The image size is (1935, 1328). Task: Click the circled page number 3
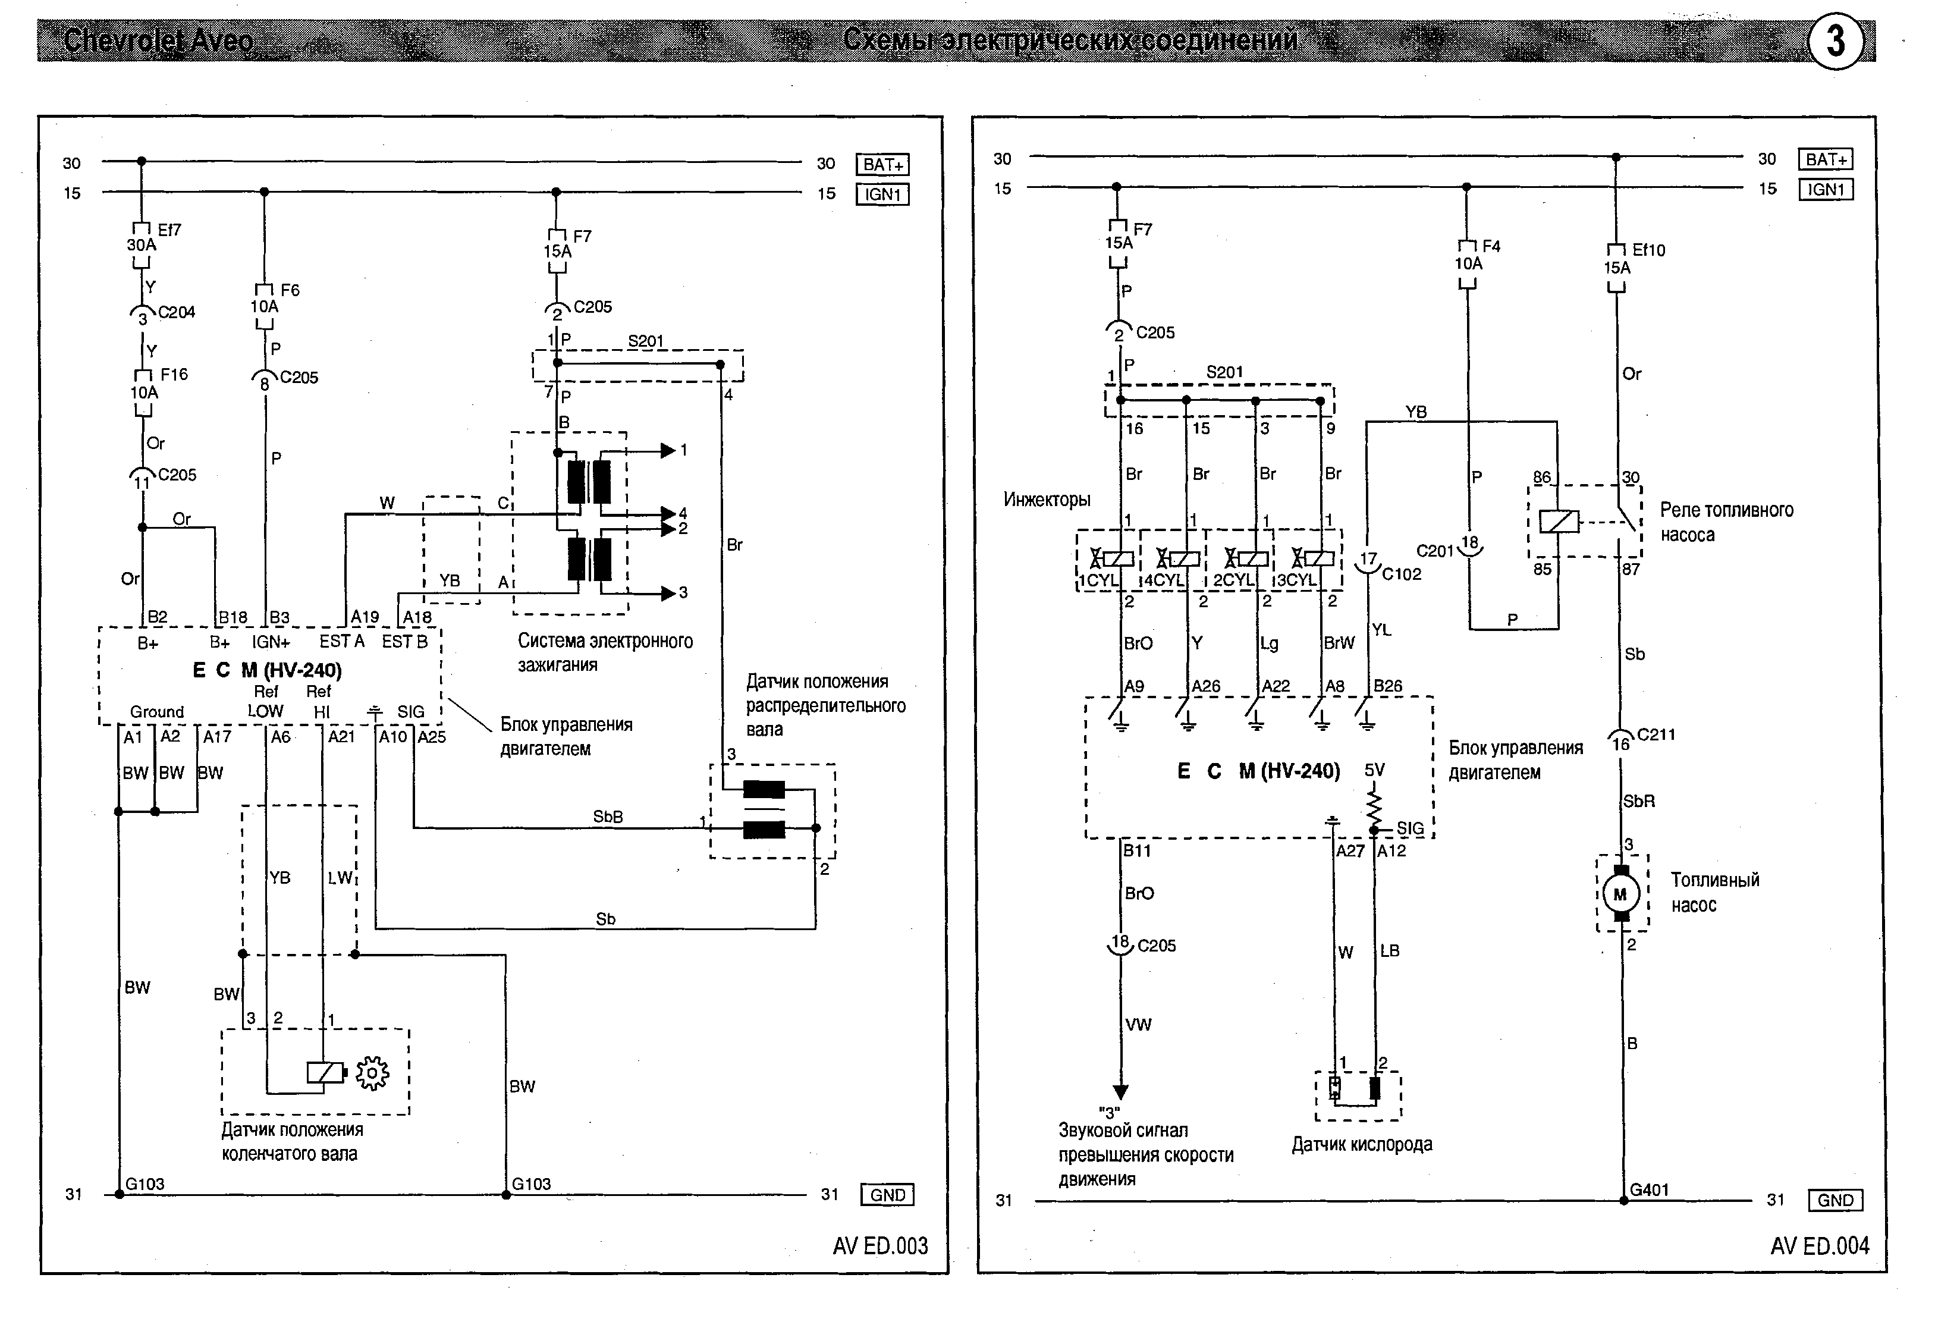click(x=1836, y=42)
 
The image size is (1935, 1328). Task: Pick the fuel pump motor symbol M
click(x=1620, y=895)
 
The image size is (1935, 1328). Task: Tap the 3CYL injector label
click(x=1296, y=580)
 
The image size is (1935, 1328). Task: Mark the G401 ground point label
click(x=1650, y=1190)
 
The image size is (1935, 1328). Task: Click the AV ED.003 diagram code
click(x=880, y=1245)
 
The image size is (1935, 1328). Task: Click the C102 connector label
click(x=1402, y=574)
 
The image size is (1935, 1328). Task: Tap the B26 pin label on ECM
click(x=1388, y=686)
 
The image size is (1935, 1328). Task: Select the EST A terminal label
click(x=341, y=641)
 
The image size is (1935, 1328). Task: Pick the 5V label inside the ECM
click(x=1375, y=770)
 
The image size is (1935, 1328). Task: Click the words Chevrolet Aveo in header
click(x=158, y=40)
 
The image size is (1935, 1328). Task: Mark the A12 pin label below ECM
click(x=1391, y=851)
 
